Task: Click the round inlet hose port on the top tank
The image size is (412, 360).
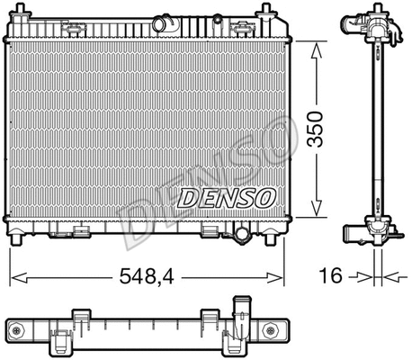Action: tap(164, 22)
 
